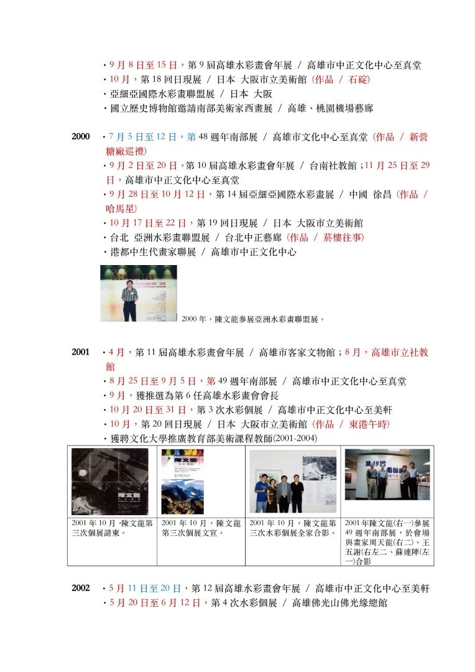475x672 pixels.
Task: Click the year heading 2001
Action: click(x=81, y=352)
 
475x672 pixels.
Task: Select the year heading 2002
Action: click(x=81, y=588)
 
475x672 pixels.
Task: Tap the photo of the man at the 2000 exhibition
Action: click(x=139, y=293)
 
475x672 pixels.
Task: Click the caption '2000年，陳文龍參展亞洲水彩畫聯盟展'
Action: click(x=253, y=319)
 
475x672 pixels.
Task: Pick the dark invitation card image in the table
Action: click(x=110, y=481)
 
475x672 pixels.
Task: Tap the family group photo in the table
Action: click(x=293, y=481)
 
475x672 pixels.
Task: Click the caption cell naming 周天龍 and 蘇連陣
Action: click(x=387, y=541)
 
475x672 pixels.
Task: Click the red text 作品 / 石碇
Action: click(x=341, y=79)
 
